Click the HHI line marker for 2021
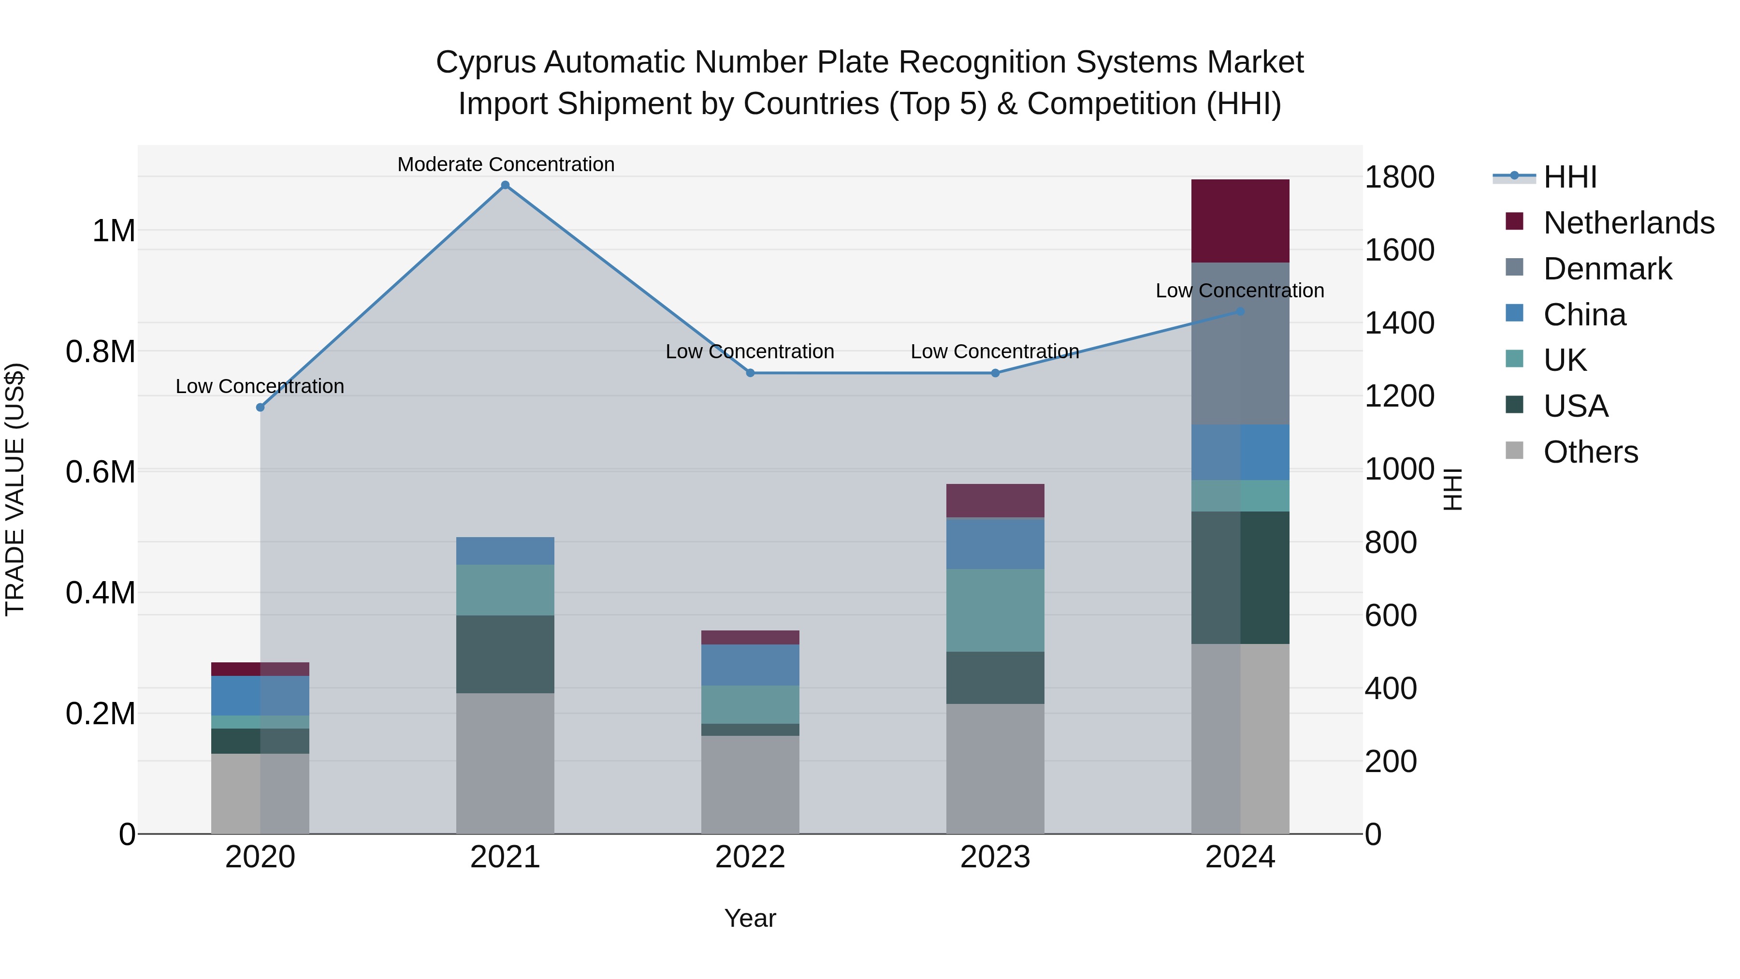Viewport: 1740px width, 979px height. [x=505, y=185]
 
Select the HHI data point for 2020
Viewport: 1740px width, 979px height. [x=260, y=408]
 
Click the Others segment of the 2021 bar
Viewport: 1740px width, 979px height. [x=505, y=763]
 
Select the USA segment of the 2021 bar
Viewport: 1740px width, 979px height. [x=505, y=654]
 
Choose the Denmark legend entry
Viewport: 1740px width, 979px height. [x=1607, y=269]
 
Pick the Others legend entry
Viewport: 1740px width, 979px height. [x=1590, y=452]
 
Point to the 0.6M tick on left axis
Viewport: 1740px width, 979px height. [x=101, y=471]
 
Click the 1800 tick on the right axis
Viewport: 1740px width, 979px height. [x=1399, y=177]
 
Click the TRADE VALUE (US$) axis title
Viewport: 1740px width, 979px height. [x=15, y=489]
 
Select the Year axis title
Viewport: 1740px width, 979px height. [x=750, y=918]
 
